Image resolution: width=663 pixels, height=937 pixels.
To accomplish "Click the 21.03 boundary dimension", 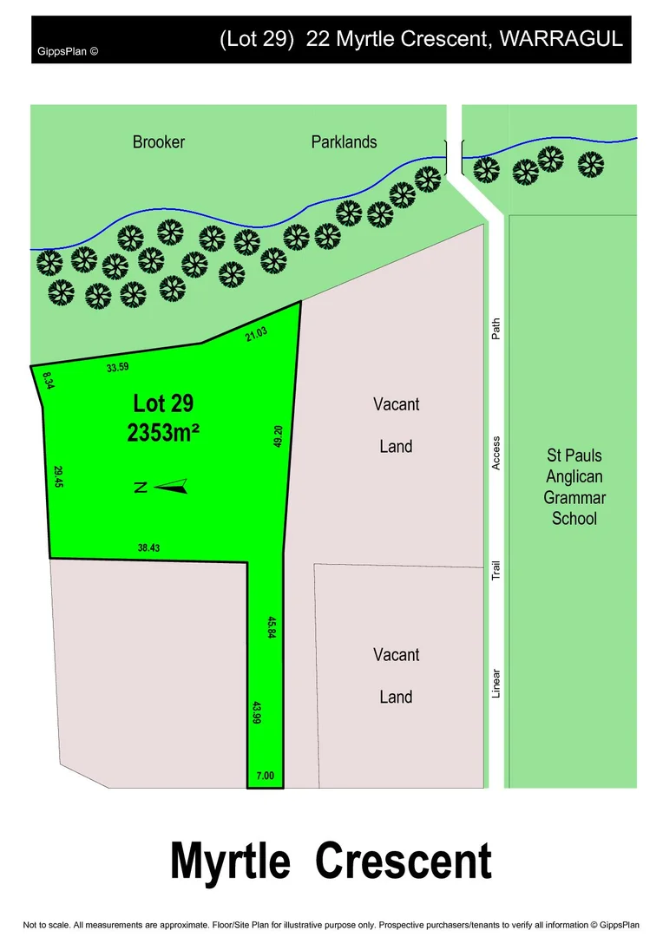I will coord(256,333).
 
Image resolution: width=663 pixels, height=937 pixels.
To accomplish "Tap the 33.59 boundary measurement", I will coord(117,367).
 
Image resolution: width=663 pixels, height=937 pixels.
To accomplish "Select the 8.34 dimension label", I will coord(47,380).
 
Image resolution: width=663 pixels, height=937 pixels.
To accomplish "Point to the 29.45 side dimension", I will coord(58,477).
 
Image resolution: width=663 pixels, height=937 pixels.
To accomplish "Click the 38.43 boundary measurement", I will coord(148,547).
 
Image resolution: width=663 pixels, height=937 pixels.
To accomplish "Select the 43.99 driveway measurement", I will coord(257,713).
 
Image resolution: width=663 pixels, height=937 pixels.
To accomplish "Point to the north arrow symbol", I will coord(172,487).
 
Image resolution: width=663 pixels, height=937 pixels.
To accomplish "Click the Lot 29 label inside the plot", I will coord(163,403).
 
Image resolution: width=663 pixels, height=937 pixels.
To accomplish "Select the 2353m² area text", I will coord(164,433).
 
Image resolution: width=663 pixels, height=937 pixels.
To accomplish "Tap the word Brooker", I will coord(159,141).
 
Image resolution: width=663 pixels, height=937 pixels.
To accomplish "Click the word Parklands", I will coord(345,141).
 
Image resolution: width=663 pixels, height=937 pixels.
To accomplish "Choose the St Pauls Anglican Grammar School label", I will coord(574,487).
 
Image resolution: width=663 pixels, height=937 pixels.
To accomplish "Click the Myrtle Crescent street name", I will coord(331,862).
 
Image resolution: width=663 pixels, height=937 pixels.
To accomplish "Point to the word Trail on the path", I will coord(496,570).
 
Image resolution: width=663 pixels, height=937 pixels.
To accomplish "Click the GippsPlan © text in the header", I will coord(67,50).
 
